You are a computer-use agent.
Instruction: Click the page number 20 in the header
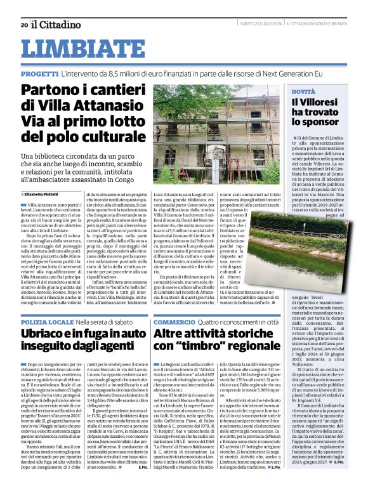pos(24,25)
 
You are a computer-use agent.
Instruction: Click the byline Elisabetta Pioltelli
pos(42,194)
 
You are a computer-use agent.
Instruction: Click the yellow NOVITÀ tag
pos(302,92)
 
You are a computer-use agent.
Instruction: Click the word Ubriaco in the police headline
pos(46,334)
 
